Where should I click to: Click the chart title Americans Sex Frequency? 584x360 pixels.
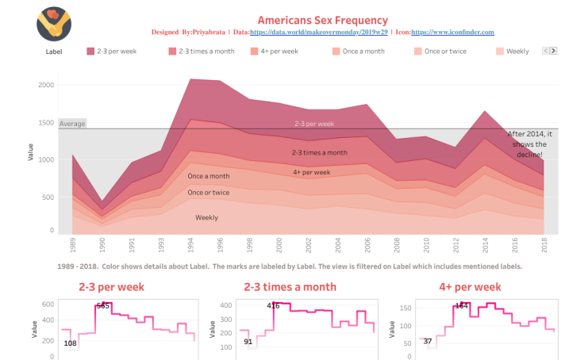coord(323,20)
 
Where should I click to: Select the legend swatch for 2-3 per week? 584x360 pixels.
coord(90,52)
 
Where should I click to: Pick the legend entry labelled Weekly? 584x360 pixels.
coord(517,52)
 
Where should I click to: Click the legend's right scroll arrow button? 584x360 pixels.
coord(553,51)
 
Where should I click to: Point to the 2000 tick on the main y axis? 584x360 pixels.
coord(46,85)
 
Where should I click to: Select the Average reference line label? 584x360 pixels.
coord(72,124)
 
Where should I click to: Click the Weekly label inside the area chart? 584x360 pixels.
coord(207,217)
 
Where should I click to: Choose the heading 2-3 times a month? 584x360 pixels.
coord(290,287)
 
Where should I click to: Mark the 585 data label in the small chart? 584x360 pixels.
coord(102,306)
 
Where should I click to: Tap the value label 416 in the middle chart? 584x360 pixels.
coord(273,306)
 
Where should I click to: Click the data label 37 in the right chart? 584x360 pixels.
coord(428,342)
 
